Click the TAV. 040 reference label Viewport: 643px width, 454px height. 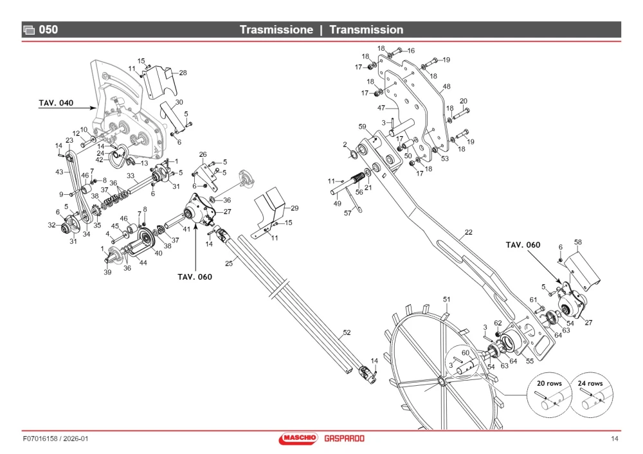click(56, 103)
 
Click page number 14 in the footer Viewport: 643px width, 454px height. click(614, 439)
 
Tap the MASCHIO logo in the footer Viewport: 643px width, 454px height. click(298, 439)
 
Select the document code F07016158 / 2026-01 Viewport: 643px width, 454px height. click(55, 439)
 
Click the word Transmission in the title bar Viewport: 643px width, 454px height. click(367, 30)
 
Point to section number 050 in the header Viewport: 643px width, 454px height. click(48, 30)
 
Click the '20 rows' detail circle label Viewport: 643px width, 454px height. click(549, 383)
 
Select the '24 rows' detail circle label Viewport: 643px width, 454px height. click(590, 383)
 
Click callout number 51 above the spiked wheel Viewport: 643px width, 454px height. click(447, 300)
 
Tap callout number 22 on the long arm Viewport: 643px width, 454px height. click(469, 232)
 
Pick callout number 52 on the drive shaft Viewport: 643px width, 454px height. click(347, 332)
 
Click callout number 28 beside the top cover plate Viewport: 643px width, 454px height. click(183, 73)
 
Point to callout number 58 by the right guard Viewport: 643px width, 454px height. click(578, 242)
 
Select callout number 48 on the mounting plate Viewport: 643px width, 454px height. click(447, 87)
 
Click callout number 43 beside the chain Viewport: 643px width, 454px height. click(59, 172)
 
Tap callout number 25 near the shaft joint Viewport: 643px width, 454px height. click(229, 263)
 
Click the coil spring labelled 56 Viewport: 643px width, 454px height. click(358, 178)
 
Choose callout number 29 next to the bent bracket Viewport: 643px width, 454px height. click(294, 208)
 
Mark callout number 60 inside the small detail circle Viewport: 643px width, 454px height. click(466, 352)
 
